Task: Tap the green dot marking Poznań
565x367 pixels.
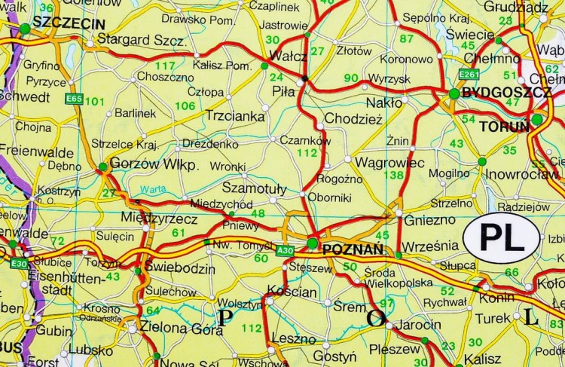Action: click(x=313, y=243)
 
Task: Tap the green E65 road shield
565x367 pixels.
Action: click(x=74, y=99)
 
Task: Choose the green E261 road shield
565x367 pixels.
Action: click(x=469, y=74)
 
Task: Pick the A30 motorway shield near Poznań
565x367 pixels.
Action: click(x=285, y=250)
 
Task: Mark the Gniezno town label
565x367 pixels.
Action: click(x=430, y=219)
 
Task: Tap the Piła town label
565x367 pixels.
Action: click(x=284, y=91)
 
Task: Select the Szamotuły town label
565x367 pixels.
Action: click(x=255, y=189)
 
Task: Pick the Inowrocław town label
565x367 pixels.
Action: click(x=520, y=175)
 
